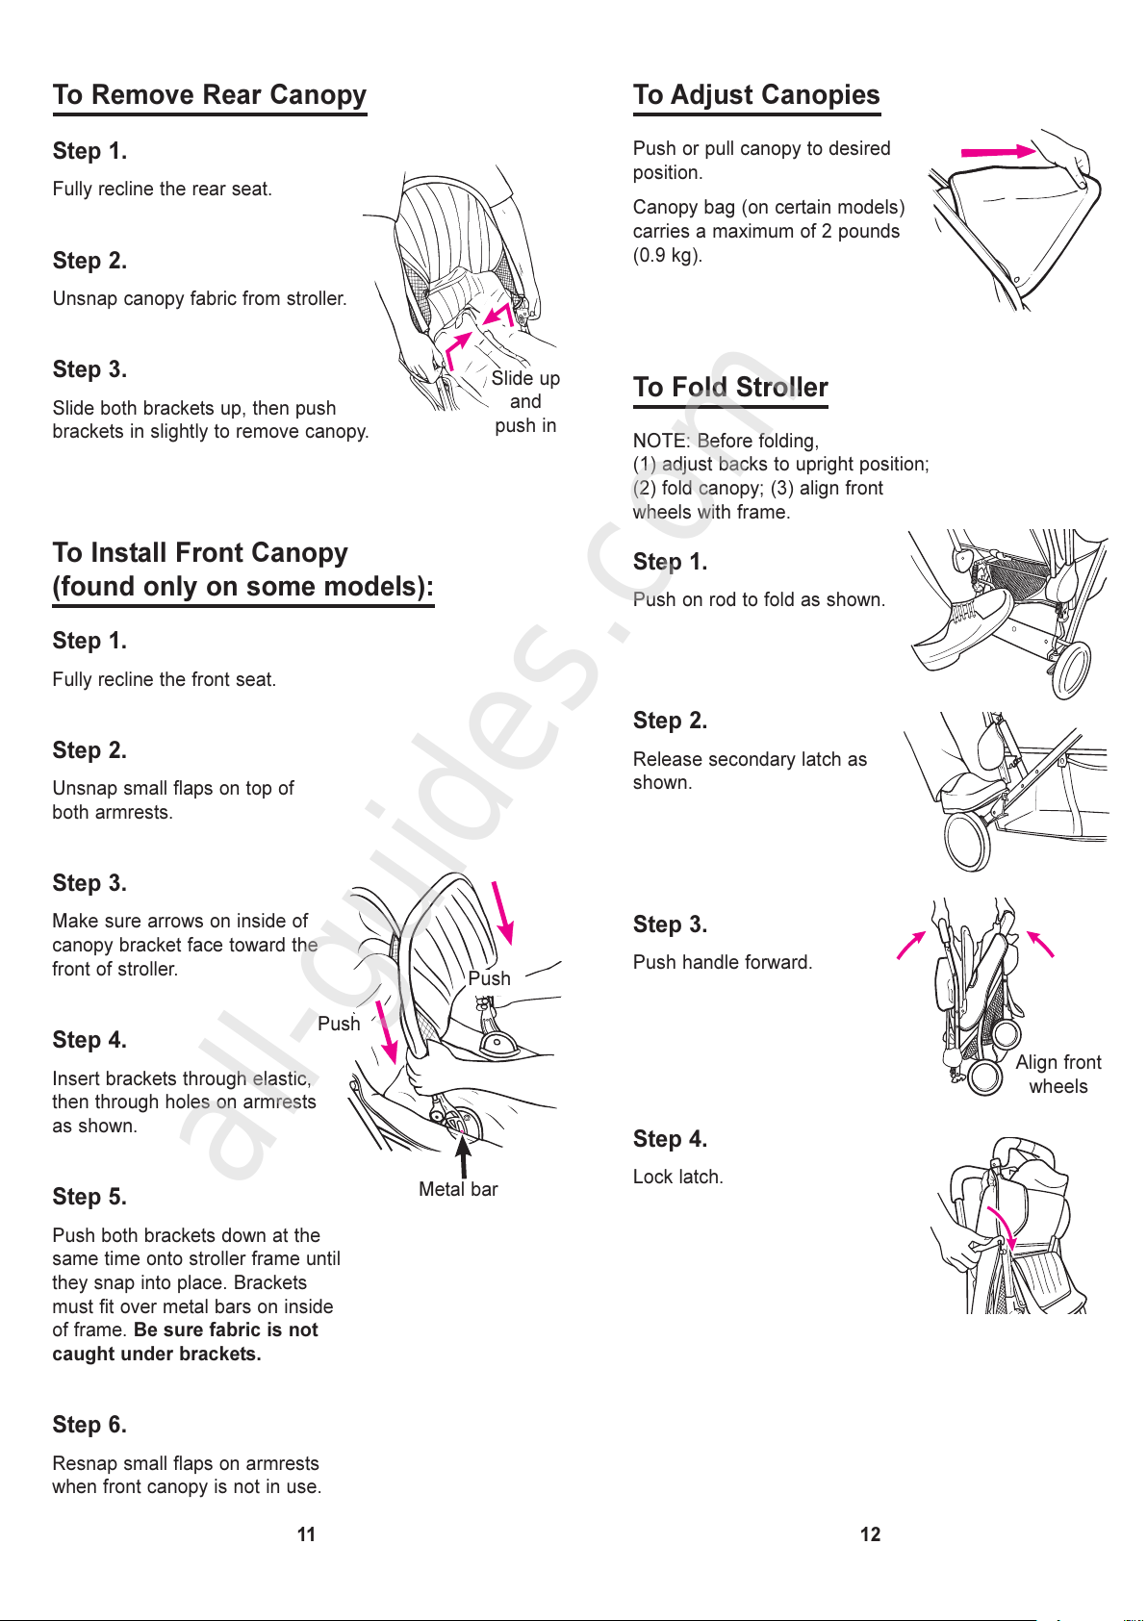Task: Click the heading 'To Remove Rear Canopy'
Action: (209, 95)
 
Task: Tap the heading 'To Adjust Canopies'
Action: (756, 95)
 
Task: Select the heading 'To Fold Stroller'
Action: (730, 388)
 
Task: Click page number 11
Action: (306, 1534)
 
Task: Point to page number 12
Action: (870, 1534)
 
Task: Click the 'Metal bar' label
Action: (458, 1190)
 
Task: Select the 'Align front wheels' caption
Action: (1058, 1075)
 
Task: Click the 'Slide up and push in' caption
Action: (525, 402)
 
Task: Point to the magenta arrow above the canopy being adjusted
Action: (998, 152)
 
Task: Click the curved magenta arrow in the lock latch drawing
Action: (1003, 1230)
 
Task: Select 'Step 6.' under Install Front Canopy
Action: (89, 1425)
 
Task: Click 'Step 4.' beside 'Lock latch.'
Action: (670, 1139)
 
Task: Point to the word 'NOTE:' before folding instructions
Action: (661, 441)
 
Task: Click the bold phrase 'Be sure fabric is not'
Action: (226, 1330)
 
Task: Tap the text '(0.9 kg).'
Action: (668, 256)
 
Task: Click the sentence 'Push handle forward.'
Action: (723, 963)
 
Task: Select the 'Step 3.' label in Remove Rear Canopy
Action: (89, 370)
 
